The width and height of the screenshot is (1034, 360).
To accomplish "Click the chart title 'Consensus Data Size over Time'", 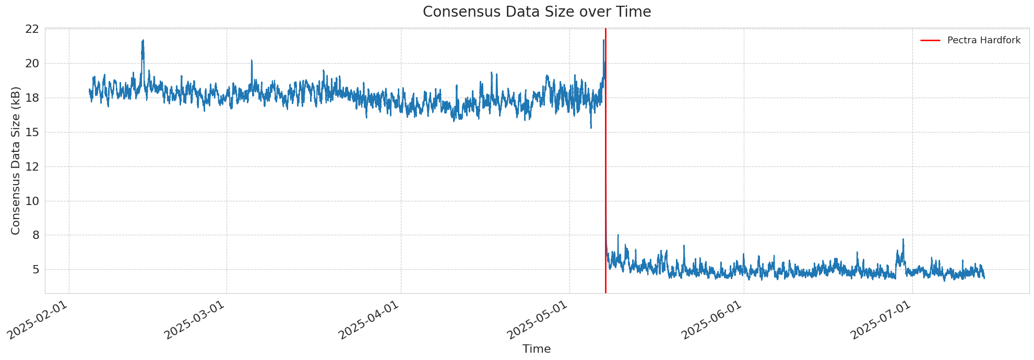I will (x=537, y=12).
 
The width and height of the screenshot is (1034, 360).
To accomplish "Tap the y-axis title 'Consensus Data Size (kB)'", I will (x=16, y=161).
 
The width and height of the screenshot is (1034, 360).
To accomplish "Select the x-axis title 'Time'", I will (x=537, y=349).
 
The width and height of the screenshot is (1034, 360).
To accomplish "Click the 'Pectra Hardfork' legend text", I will (x=983, y=40).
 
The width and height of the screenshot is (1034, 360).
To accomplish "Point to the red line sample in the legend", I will (x=930, y=40).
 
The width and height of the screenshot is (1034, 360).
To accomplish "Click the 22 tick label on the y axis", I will (x=32, y=29).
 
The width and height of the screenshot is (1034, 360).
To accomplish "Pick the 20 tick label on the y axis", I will (x=32, y=64).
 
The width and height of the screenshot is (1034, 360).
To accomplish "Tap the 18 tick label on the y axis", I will (x=32, y=98).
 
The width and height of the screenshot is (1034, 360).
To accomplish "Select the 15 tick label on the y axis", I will (x=32, y=133).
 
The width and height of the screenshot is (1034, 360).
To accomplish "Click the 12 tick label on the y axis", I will (x=32, y=167).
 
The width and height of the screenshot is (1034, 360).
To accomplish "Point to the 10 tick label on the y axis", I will (x=32, y=201).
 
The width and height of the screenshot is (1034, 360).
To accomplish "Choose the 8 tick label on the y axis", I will (x=35, y=235).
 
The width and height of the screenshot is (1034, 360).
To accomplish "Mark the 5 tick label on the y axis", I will (x=35, y=270).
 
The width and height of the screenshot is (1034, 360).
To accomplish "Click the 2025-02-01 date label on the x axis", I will (x=38, y=320).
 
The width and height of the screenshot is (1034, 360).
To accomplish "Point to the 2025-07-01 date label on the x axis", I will (x=882, y=320).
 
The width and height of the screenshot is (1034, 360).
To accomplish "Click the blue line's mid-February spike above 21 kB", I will (x=142, y=42).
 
